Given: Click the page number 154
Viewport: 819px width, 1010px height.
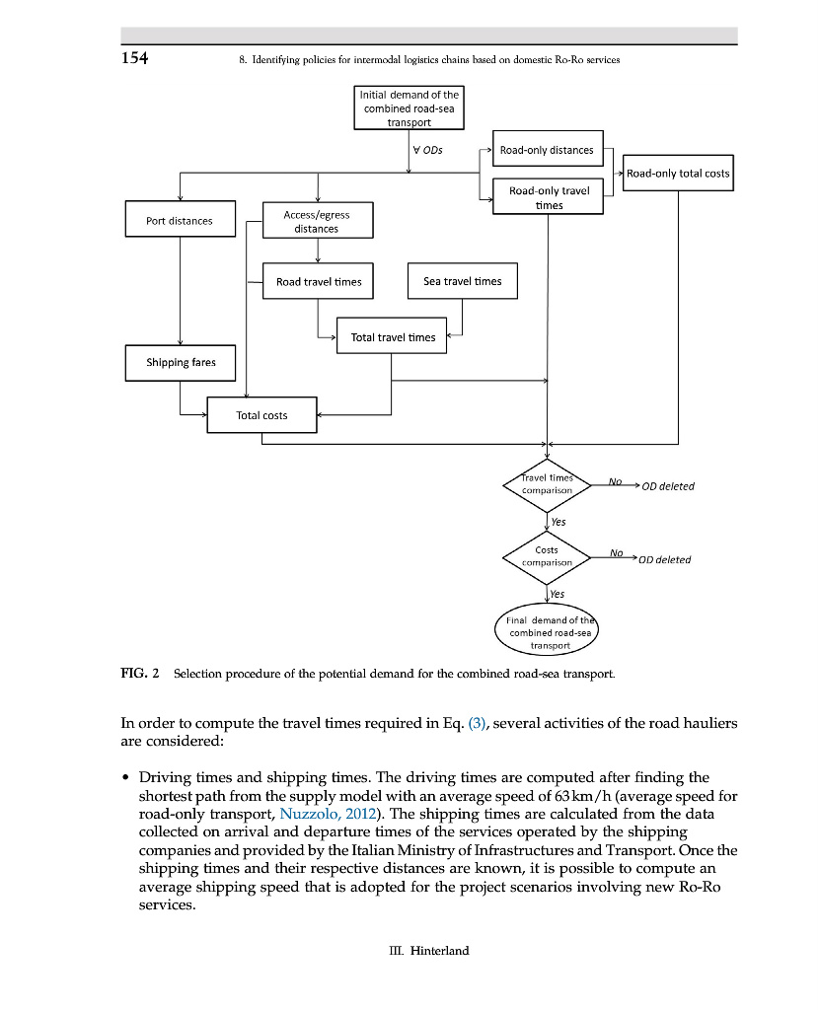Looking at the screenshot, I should tap(134, 58).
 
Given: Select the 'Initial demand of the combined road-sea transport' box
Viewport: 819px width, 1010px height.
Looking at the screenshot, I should tap(410, 108).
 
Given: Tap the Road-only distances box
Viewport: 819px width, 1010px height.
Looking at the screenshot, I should tap(547, 150).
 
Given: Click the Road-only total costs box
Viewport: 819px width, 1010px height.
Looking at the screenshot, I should tap(678, 173).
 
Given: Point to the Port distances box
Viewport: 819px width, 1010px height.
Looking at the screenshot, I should tap(180, 221).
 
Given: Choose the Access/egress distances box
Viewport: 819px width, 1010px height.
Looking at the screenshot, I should tap(317, 221).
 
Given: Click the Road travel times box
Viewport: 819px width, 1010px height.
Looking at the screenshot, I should tap(319, 281).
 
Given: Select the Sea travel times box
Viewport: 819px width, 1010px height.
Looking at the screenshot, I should tap(462, 281).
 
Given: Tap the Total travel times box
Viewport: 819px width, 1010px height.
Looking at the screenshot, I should tap(393, 337).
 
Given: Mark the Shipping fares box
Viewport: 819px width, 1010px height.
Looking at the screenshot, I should tap(181, 362).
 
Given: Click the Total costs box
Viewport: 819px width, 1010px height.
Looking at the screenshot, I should tap(261, 415).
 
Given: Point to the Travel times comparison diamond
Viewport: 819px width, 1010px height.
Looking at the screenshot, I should tap(547, 484).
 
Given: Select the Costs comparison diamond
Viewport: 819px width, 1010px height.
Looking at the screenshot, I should tap(547, 556).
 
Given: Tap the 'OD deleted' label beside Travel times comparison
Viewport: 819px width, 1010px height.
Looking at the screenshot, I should tap(667, 486).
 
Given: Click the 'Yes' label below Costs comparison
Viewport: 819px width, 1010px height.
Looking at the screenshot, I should tap(558, 594).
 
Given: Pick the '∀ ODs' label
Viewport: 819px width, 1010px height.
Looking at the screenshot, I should tap(429, 150).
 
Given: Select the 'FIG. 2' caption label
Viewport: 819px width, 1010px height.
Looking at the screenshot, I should tap(139, 674).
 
